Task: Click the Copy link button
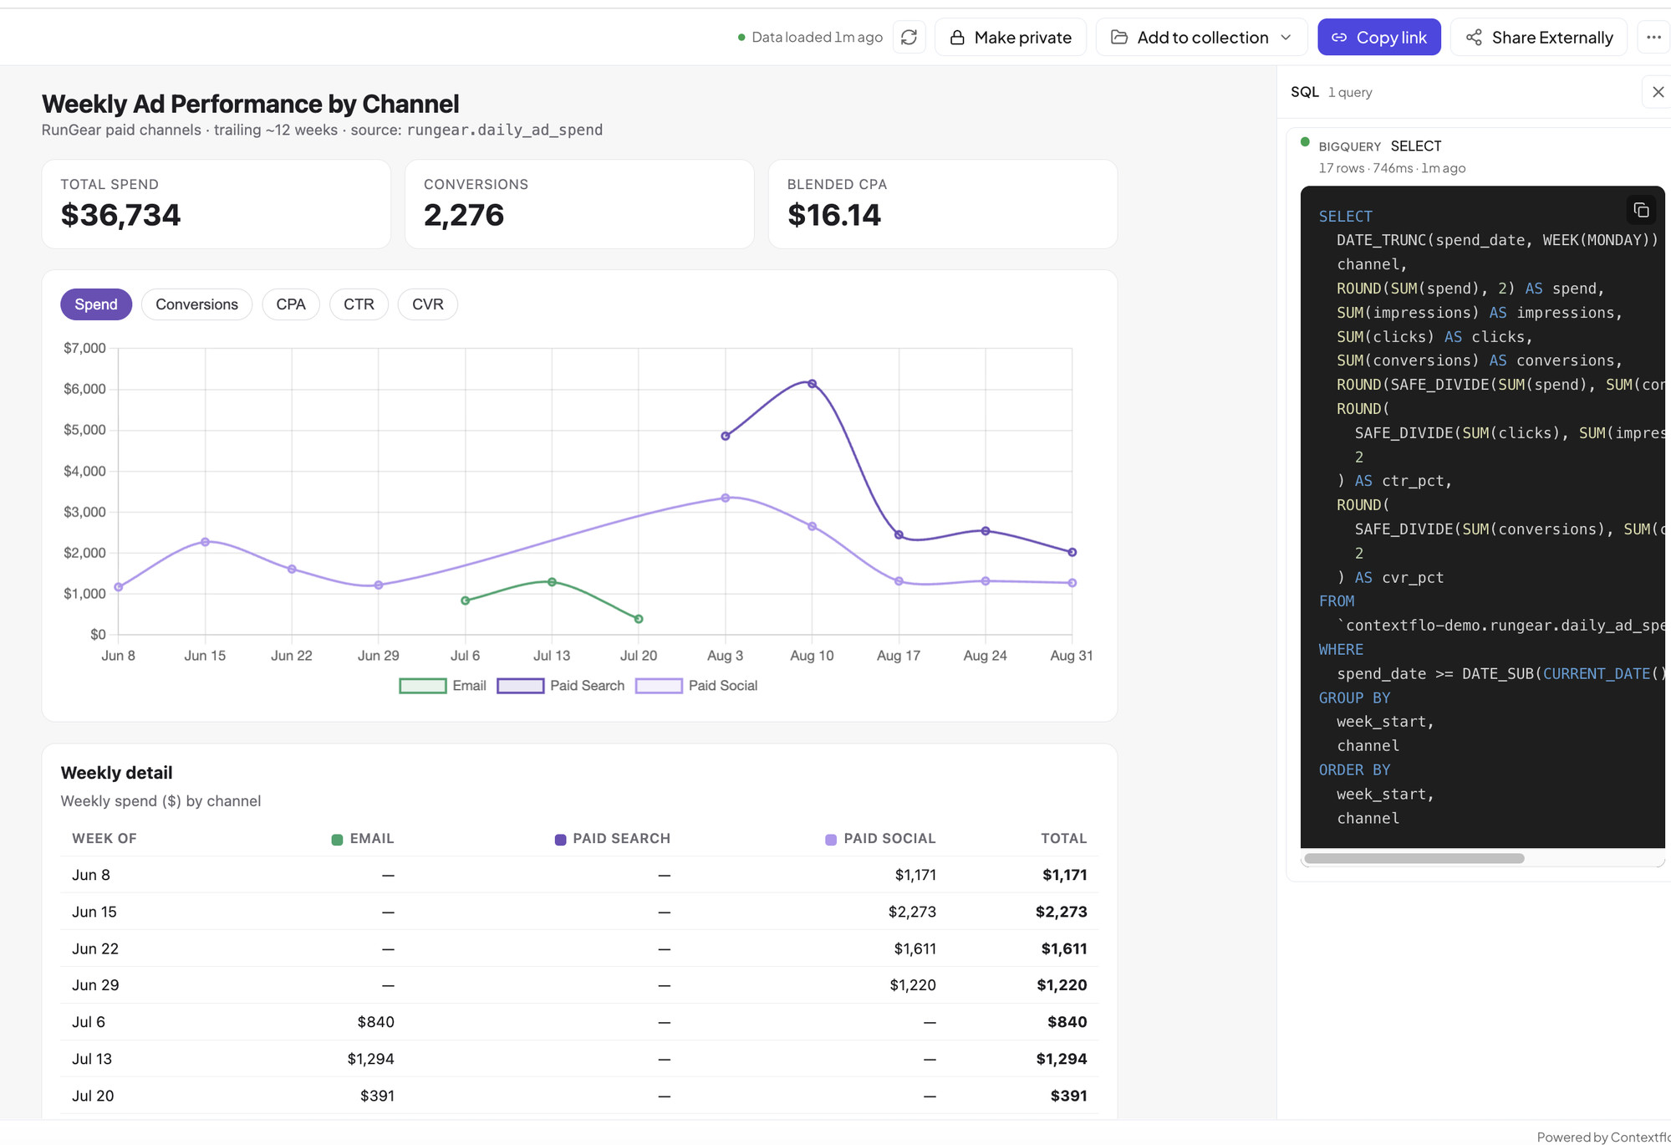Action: click(1378, 38)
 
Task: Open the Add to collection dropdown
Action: click(1201, 38)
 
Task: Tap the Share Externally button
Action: click(1539, 38)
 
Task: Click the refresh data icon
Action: click(909, 38)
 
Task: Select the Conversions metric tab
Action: click(196, 304)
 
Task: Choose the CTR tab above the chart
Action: click(359, 304)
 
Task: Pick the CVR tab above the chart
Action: click(427, 304)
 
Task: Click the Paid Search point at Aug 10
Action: click(812, 384)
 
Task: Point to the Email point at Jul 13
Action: click(552, 582)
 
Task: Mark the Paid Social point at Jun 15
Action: click(205, 542)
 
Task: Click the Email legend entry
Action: click(442, 686)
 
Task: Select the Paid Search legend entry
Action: click(560, 686)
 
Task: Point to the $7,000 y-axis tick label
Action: click(84, 348)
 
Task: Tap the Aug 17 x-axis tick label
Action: click(899, 656)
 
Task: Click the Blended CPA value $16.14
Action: click(834, 215)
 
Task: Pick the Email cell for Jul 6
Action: click(375, 1022)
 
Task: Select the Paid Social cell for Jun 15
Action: click(912, 912)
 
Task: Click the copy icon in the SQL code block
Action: click(1641, 210)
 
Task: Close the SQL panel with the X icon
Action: click(1658, 92)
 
